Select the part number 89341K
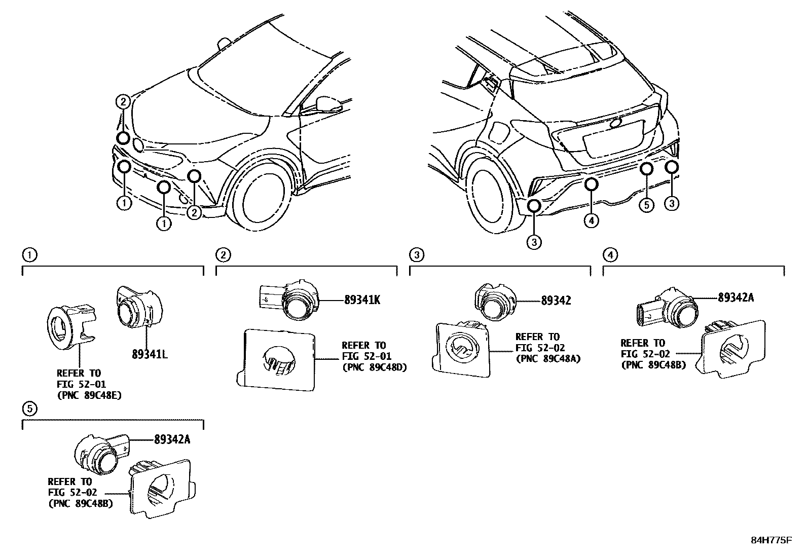[x=362, y=300]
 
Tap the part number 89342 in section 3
[x=556, y=301]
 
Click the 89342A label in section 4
[x=735, y=298]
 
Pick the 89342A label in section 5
[x=172, y=439]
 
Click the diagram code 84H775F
[x=771, y=540]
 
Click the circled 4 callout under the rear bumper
[x=591, y=220]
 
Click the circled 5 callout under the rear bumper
[x=646, y=205]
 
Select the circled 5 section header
[x=30, y=407]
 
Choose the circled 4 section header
[x=611, y=255]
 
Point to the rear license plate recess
[x=608, y=142]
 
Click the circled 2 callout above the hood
[x=123, y=102]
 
